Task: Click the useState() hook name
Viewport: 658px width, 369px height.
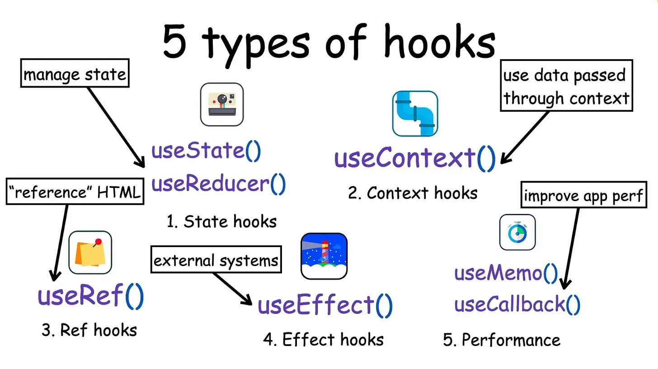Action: click(x=206, y=151)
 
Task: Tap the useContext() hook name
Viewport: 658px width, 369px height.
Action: click(x=415, y=159)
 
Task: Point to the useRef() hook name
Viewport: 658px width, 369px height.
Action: click(x=91, y=296)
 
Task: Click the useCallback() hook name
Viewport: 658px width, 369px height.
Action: click(x=517, y=304)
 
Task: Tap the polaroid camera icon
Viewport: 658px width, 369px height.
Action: click(x=222, y=104)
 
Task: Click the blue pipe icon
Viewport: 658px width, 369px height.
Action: click(x=415, y=113)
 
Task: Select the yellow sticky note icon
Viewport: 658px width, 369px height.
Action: click(x=90, y=253)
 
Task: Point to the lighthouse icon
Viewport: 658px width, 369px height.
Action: click(x=324, y=256)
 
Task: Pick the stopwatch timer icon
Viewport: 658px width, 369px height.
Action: click(x=517, y=232)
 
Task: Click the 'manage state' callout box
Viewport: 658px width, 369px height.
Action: click(x=75, y=73)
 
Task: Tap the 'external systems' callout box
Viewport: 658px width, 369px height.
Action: click(x=216, y=260)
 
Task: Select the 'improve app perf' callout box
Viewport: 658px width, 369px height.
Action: click(x=583, y=195)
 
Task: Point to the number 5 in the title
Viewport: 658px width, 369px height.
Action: click(x=175, y=42)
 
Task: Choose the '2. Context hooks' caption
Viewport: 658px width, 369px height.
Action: click(x=413, y=193)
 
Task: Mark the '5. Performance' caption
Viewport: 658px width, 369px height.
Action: click(x=502, y=340)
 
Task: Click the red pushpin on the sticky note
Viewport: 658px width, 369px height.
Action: click(x=98, y=242)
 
